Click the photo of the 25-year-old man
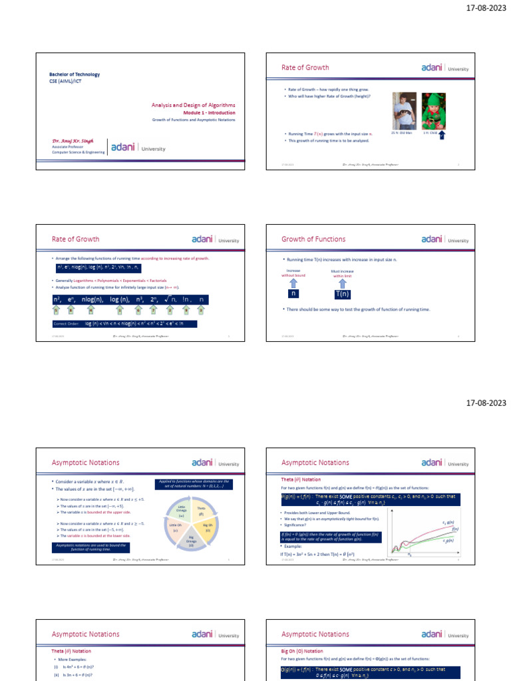point(403,110)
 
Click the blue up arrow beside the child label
point(442,136)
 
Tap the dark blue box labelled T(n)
point(343,294)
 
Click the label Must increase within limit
point(343,273)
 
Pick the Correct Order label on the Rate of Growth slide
point(66,324)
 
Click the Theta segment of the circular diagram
point(201,511)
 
